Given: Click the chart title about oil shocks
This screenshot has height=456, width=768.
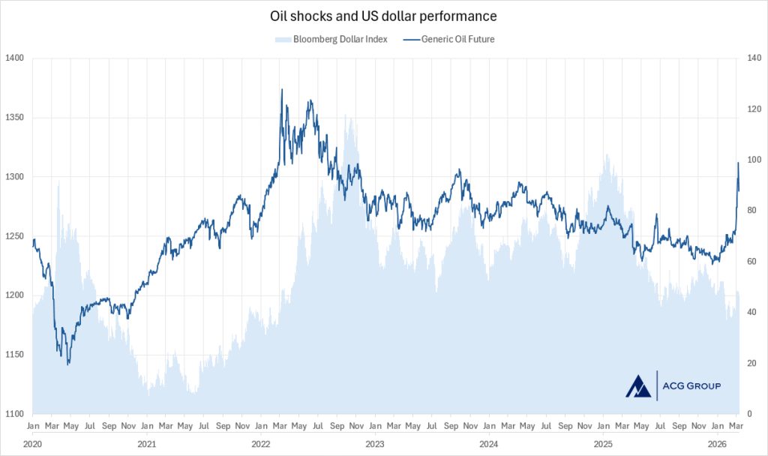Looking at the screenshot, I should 383,15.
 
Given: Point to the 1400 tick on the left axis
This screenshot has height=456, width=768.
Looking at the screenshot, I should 14,58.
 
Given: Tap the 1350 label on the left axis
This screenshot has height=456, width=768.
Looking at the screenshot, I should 14,118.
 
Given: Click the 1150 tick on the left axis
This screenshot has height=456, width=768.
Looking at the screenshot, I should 14,355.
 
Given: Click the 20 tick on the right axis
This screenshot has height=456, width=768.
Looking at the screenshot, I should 750,364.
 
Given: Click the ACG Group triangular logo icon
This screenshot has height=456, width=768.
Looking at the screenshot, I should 638,385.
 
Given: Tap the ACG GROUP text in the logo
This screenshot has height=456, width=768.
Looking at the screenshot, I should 691,386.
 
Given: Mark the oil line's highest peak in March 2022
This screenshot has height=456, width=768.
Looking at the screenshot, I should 281,89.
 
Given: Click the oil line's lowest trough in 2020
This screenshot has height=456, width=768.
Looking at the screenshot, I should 68,364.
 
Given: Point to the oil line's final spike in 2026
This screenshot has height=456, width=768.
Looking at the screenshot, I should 739,163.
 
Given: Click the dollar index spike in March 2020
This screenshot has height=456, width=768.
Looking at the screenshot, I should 58,182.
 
